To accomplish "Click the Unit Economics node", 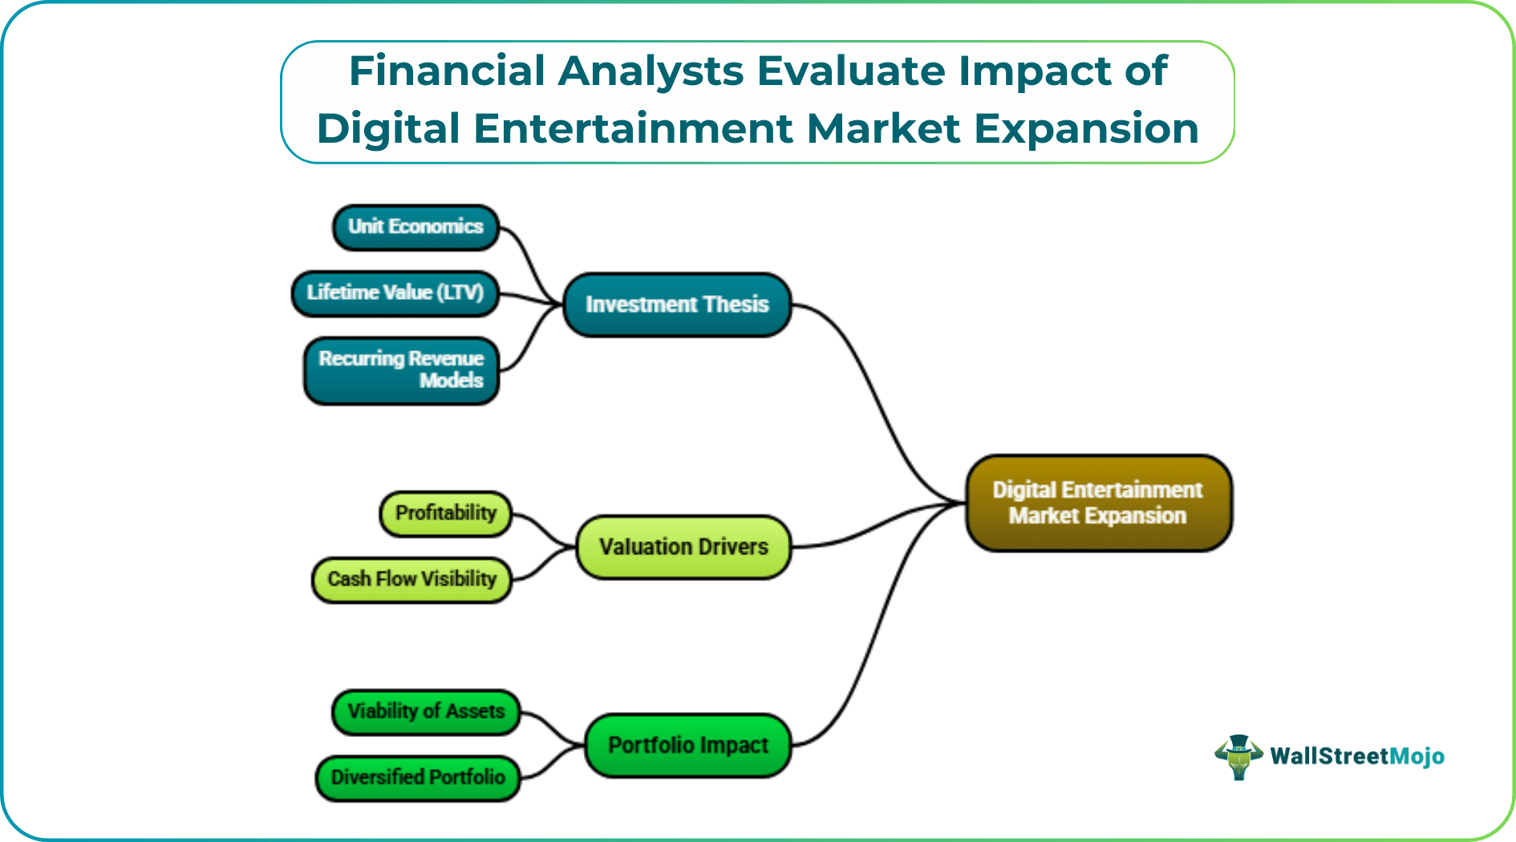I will tap(415, 227).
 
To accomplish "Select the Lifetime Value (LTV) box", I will tap(395, 293).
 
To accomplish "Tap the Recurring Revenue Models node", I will tap(401, 370).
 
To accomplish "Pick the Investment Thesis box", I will tap(677, 305).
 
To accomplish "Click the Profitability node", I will tap(445, 513).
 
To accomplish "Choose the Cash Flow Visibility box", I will tap(411, 579).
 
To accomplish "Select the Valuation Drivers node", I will tap(683, 547).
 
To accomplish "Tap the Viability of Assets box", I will tap(426, 711).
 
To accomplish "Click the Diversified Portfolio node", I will tap(418, 777).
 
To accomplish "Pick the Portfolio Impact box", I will tap(688, 745).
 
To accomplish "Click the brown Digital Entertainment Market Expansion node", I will tap(1098, 503).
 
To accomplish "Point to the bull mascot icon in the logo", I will tap(1238, 756).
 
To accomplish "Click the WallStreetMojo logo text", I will tap(1357, 756).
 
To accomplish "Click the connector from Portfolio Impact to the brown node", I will tap(874, 634).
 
